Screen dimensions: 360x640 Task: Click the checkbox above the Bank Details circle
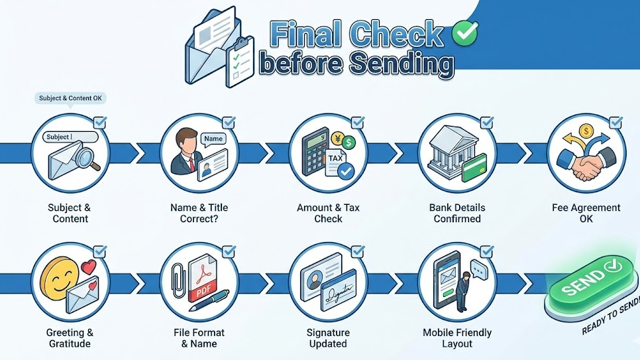coord(486,123)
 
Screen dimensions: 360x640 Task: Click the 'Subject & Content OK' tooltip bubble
coord(70,98)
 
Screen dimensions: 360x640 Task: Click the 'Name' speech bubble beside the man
coord(213,139)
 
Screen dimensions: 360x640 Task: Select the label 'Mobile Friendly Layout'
coord(457,338)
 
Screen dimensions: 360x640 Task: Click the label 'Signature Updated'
coord(328,338)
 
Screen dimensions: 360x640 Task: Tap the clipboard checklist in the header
coord(240,62)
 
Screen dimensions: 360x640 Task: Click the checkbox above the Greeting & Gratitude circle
coord(100,252)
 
